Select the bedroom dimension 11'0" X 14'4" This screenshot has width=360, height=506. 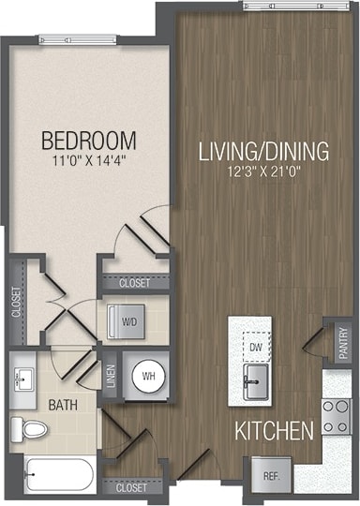coord(89,161)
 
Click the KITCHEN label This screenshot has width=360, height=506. coord(275,432)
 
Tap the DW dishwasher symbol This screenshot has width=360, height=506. coord(254,345)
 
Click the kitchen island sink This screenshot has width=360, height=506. coord(254,379)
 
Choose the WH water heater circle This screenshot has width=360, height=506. coord(146,376)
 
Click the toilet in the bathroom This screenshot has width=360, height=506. coord(31,430)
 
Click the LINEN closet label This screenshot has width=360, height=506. coord(111,376)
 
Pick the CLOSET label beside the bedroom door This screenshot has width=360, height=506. coord(134,281)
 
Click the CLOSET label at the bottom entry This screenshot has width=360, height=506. coord(131,487)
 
